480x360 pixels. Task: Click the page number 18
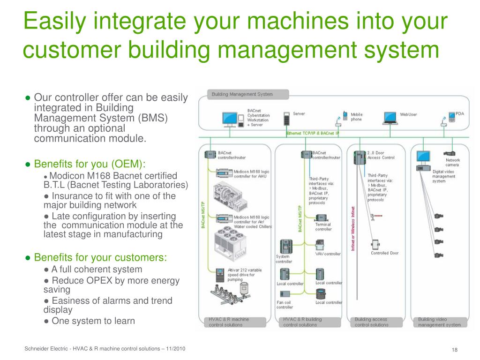[454, 351]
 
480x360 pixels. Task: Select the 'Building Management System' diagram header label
[242, 94]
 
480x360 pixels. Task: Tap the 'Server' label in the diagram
[299, 114]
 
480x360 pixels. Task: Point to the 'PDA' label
[460, 114]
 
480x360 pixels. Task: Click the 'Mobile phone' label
[357, 117]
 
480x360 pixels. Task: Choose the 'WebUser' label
[408, 114]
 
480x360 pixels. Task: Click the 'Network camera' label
[452, 162]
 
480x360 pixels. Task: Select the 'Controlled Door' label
[384, 253]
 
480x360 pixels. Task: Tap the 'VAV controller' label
[328, 254]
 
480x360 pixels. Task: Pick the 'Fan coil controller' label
[285, 305]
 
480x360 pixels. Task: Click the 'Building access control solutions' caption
[371, 322]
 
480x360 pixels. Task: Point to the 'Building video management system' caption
[439, 322]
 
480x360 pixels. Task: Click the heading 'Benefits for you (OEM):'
[90, 164]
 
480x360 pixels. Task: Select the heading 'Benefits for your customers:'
[100, 258]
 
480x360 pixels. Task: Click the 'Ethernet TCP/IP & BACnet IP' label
[313, 133]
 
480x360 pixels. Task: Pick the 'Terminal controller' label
[323, 227]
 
